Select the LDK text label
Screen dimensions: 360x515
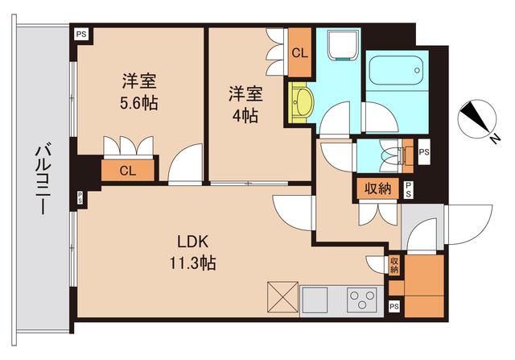192,241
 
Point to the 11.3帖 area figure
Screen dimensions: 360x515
192,262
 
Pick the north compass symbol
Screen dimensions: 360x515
476,119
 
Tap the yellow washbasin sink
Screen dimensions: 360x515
303,103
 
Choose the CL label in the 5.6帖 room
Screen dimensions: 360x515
127,170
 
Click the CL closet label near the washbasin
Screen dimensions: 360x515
299,54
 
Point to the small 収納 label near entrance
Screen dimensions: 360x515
394,265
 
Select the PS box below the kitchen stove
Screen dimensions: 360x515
393,307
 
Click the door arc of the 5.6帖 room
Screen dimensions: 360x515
187,164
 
